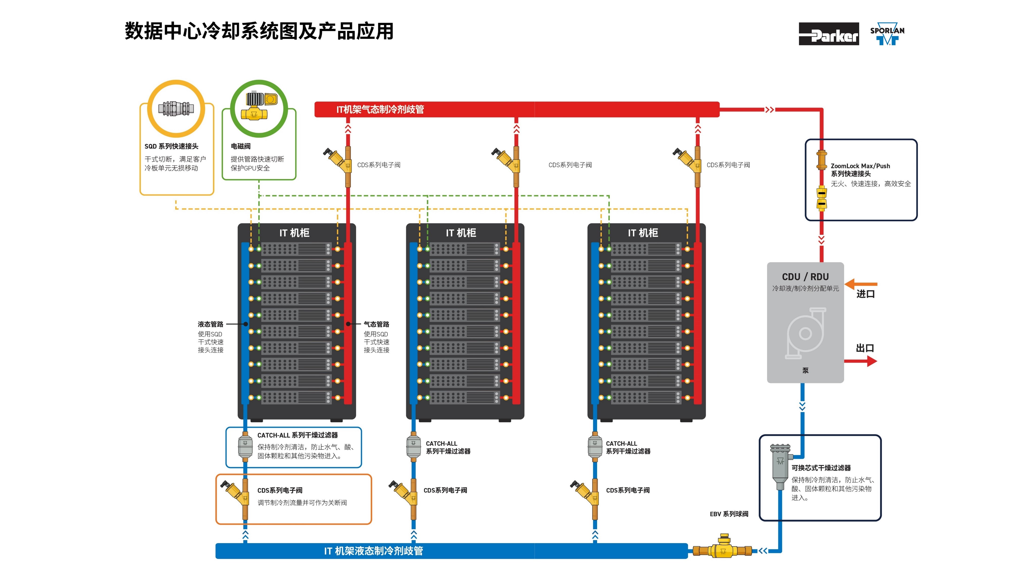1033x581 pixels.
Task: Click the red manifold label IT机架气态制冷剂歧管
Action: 380,109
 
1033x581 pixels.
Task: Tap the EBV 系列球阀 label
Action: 729,514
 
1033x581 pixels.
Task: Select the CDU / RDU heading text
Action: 805,277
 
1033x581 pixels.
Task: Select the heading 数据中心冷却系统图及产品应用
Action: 259,31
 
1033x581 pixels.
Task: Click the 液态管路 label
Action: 210,324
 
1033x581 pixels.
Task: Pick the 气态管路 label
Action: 376,324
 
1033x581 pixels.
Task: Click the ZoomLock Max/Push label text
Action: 860,166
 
